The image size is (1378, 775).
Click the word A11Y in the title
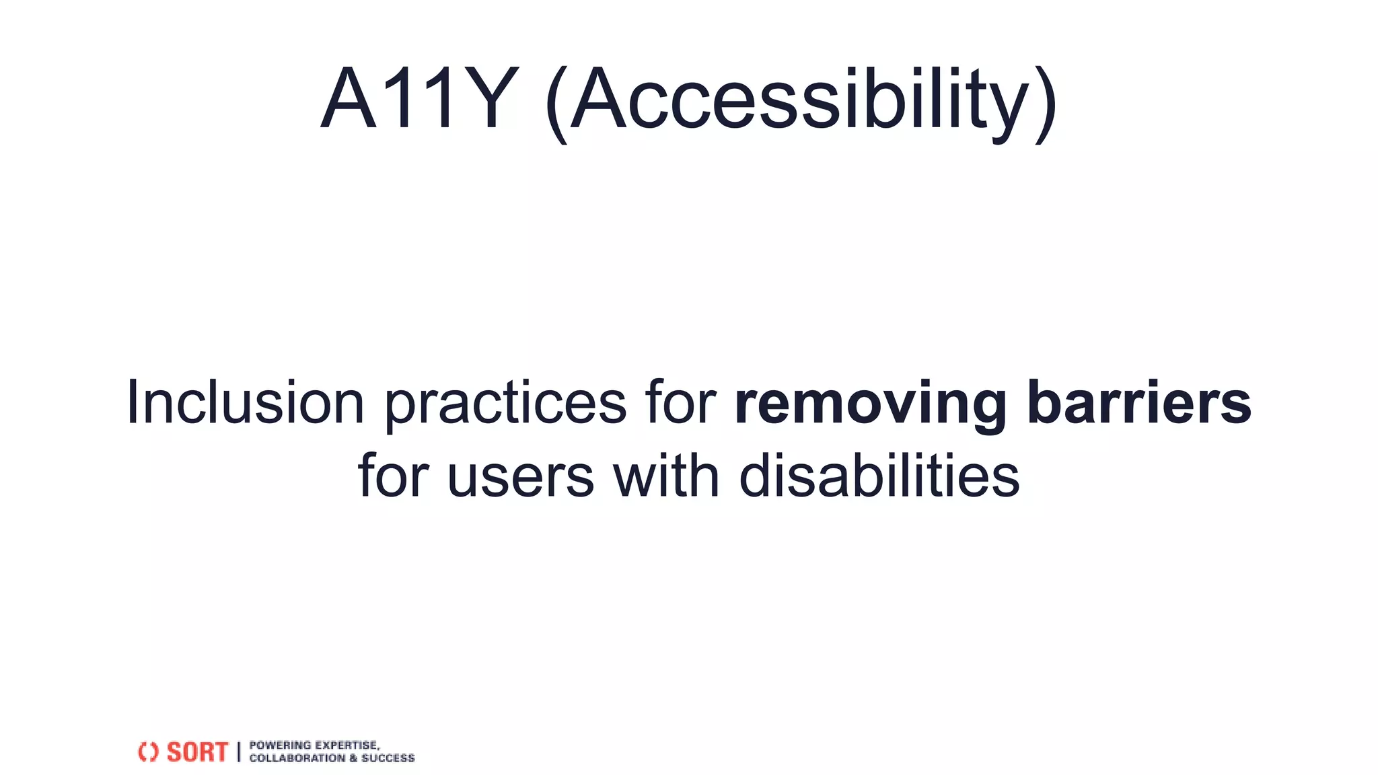pos(419,99)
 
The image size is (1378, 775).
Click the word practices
pos(505,404)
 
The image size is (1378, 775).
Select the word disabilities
pos(879,475)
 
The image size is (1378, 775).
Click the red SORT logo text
pos(197,752)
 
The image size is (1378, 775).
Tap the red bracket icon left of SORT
pos(148,752)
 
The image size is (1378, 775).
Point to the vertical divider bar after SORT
pos(239,752)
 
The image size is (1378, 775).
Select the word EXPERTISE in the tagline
pos(347,745)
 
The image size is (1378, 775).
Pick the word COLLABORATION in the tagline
pos(297,758)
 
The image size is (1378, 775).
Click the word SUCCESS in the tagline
pos(388,758)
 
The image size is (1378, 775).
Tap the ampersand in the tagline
pos(353,758)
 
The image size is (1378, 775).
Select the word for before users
pos(393,475)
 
